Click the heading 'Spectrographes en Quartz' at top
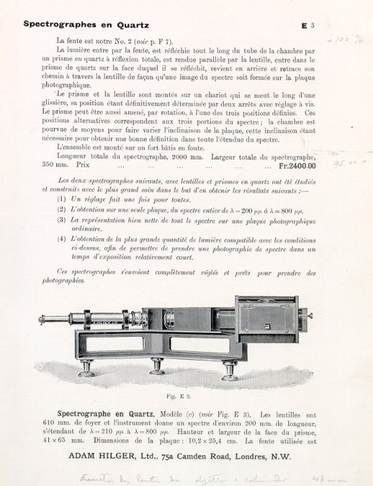point(86,24)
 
